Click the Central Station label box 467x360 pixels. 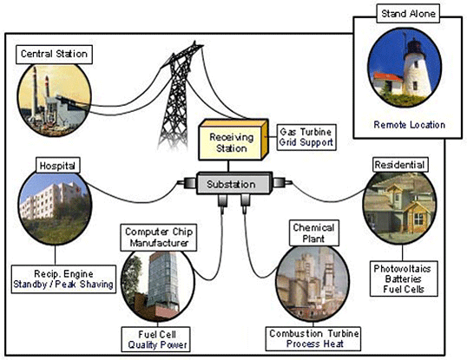coord(53,55)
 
